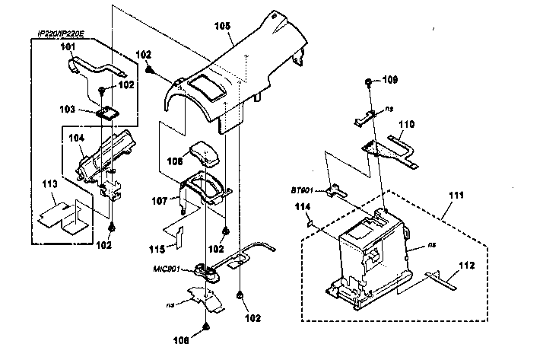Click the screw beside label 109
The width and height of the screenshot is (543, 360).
point(367,80)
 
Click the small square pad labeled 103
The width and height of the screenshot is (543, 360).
point(109,112)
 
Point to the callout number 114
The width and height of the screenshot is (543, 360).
point(302,207)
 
